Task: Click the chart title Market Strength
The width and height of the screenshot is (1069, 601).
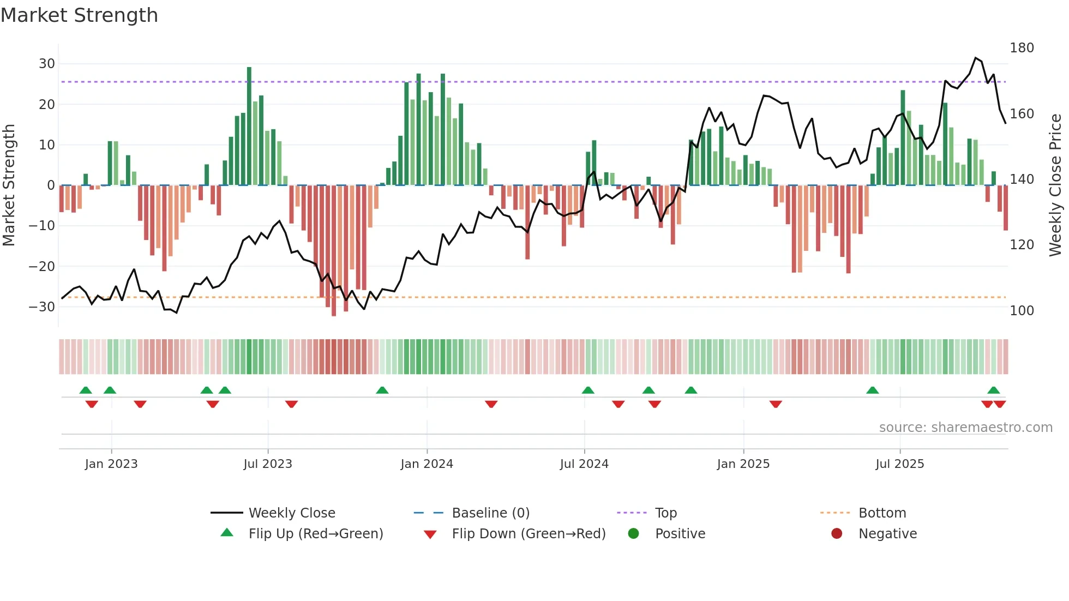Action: click(x=79, y=15)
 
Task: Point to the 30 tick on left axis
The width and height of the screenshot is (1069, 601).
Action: click(x=46, y=64)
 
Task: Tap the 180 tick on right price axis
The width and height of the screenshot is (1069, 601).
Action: click(x=1022, y=48)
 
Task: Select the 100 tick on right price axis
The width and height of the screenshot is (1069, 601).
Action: click(x=1022, y=311)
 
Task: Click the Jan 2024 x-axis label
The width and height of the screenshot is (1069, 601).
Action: click(x=427, y=464)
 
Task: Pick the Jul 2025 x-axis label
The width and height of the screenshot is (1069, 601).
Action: click(x=899, y=464)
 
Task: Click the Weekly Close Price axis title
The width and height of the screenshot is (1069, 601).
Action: click(x=1055, y=185)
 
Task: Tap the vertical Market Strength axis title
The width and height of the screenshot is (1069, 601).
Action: click(x=9, y=185)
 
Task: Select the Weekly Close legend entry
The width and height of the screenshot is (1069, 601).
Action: click(x=291, y=513)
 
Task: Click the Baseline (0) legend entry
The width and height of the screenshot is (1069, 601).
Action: click(x=490, y=513)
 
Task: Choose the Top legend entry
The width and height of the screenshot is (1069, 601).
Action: click(x=665, y=513)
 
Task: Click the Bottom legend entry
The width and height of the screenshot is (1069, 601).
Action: click(x=882, y=513)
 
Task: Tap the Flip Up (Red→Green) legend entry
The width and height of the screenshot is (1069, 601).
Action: click(x=315, y=534)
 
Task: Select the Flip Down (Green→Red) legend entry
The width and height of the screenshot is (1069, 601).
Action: click(x=528, y=534)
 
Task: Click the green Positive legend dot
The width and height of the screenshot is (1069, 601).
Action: click(x=633, y=534)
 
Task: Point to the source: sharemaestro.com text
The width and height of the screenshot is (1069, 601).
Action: click(x=965, y=428)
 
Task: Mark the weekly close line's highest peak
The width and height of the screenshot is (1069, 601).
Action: click(x=976, y=58)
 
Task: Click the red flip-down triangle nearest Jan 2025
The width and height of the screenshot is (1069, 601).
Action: click(x=776, y=404)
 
